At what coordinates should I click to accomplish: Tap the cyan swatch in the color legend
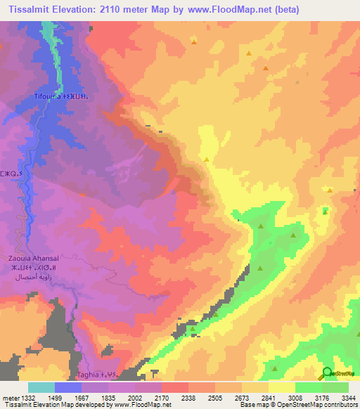point(41,387)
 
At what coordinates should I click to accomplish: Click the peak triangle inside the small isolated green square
point(324,210)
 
